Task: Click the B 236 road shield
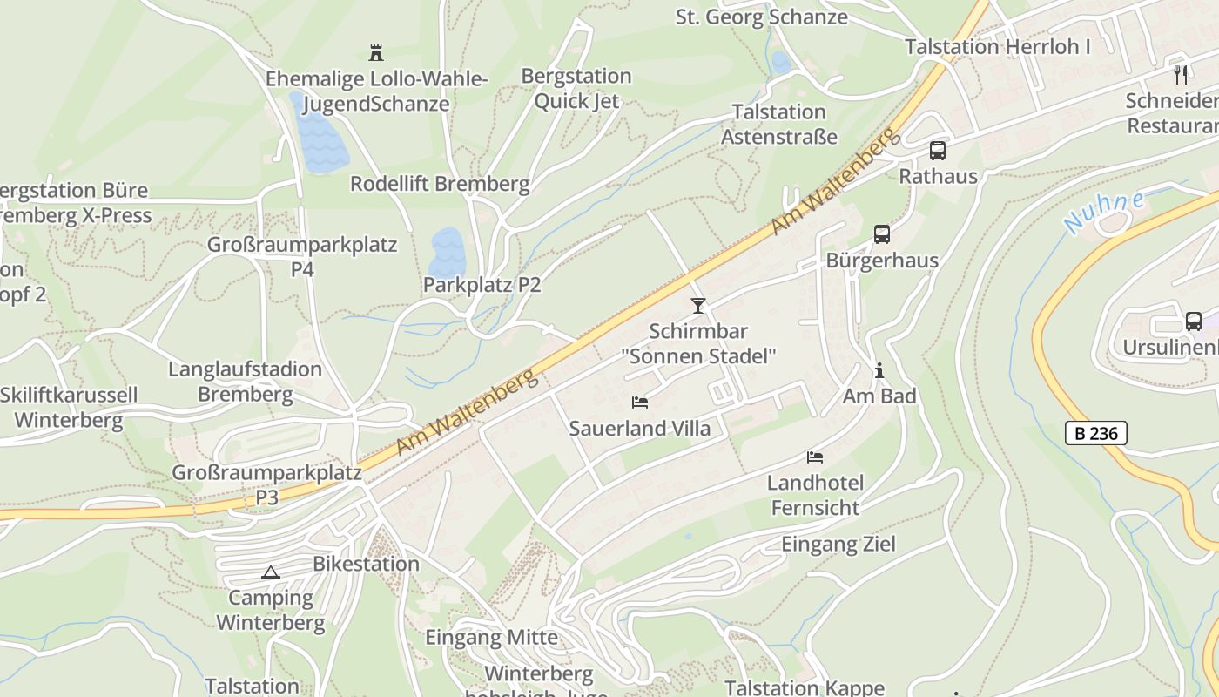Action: (x=1095, y=433)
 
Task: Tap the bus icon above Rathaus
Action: (x=938, y=150)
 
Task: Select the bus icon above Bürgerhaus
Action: (x=882, y=234)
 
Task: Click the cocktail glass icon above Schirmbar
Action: (x=697, y=305)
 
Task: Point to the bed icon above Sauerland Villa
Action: (x=640, y=403)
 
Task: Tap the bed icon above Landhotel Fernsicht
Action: (x=815, y=457)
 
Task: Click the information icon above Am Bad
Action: (x=879, y=371)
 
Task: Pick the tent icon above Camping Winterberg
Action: (x=271, y=572)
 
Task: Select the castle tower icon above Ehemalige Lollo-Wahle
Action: (x=376, y=53)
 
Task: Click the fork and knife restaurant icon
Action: (x=1181, y=75)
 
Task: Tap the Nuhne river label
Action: (x=1104, y=213)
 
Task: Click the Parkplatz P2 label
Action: (x=482, y=285)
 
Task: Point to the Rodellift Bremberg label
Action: (x=440, y=184)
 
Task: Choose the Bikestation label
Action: (x=366, y=564)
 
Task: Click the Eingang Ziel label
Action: (x=838, y=545)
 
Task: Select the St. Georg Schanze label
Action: (x=761, y=17)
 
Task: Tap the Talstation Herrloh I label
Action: (x=997, y=47)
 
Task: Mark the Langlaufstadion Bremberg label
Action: (x=245, y=382)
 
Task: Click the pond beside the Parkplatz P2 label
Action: (x=448, y=251)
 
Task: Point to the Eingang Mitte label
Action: (x=491, y=637)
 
